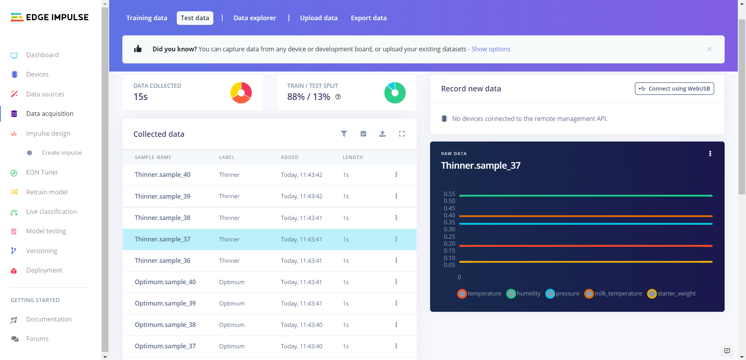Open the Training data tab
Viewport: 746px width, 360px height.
click(x=146, y=18)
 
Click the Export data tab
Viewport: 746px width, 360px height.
click(x=368, y=18)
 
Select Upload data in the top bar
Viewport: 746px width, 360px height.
click(x=319, y=18)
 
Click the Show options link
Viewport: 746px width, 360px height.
click(x=490, y=49)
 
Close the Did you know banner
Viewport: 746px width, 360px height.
click(x=709, y=49)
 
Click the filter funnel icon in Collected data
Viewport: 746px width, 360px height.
click(x=344, y=134)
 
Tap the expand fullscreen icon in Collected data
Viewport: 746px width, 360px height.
click(x=402, y=134)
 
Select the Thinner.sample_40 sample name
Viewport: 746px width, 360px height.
click(x=162, y=175)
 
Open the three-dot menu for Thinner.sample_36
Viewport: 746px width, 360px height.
click(x=396, y=260)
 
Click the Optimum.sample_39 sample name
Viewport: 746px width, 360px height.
click(x=165, y=303)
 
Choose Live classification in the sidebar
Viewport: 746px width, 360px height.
click(x=51, y=211)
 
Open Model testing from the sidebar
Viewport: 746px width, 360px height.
click(x=46, y=231)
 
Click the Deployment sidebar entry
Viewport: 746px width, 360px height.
click(x=44, y=270)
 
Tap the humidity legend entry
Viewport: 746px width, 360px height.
click(x=524, y=294)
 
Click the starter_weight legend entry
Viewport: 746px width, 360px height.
click(x=671, y=294)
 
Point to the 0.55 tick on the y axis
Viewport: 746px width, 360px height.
click(x=449, y=194)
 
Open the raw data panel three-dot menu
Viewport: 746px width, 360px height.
click(x=710, y=154)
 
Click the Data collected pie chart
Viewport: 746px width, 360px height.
click(x=241, y=93)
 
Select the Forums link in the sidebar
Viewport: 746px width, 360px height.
click(x=37, y=339)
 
